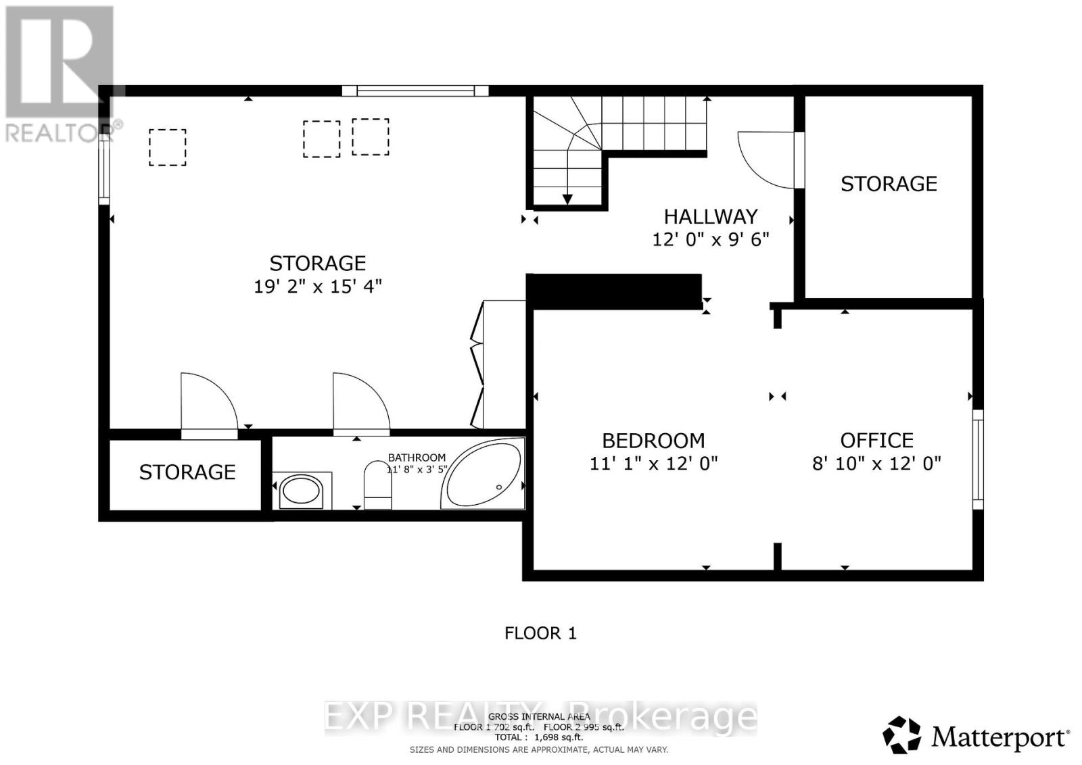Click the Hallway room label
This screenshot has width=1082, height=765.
(711, 216)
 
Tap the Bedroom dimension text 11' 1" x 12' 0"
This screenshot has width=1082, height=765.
(653, 464)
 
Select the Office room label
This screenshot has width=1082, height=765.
(876, 441)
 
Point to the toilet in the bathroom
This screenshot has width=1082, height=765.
(377, 485)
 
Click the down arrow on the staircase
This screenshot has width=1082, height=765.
(567, 198)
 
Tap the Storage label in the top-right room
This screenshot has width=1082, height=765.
(889, 184)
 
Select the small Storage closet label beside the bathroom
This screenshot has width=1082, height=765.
(187, 472)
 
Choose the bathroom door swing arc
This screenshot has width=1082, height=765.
(361, 402)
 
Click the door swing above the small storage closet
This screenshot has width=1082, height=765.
(208, 402)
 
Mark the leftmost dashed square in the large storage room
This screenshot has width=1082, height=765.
(167, 147)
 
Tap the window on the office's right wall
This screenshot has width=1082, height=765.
(978, 459)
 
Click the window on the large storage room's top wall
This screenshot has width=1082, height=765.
(415, 91)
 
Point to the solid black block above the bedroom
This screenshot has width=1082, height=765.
(614, 291)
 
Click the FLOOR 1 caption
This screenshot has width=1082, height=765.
(540, 633)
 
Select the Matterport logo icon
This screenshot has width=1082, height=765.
(901, 735)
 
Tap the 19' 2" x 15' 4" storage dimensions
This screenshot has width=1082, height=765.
(318, 287)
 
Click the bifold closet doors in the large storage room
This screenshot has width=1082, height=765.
(477, 365)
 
